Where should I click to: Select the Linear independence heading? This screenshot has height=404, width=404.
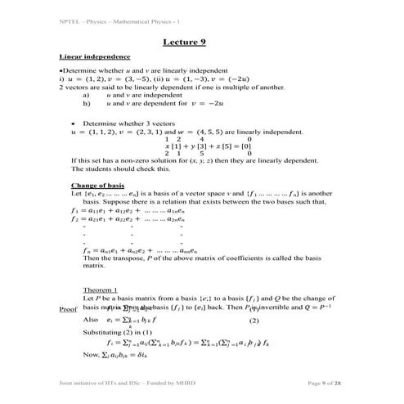(95, 57)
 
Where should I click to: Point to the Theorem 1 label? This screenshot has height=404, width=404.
(101, 290)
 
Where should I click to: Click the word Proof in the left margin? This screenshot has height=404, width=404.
(70, 310)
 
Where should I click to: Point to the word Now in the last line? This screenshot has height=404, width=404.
(92, 355)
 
